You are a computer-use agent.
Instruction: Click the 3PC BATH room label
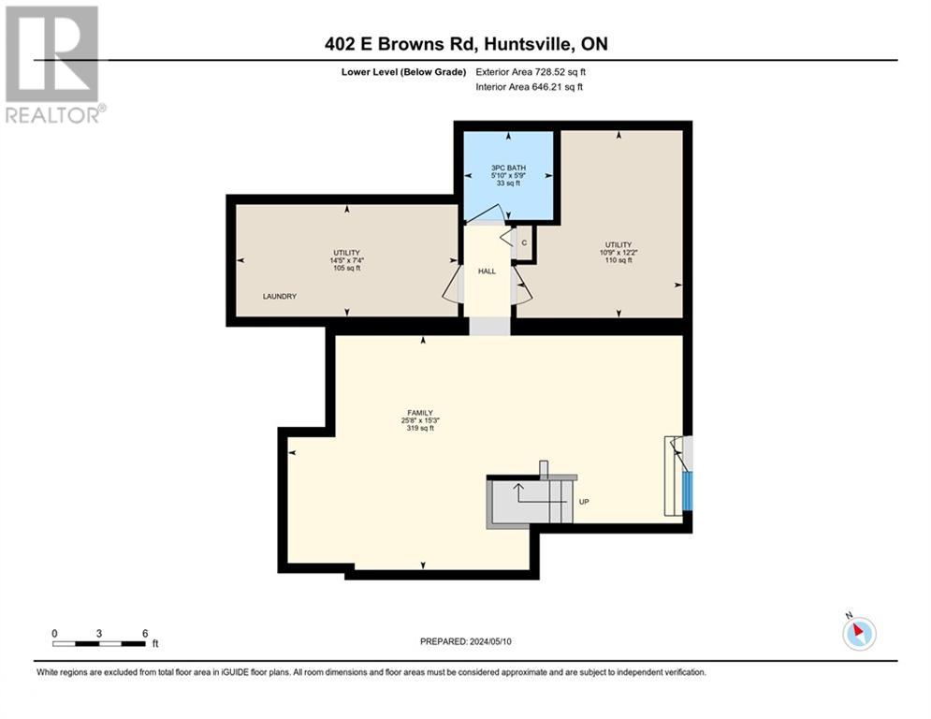tap(509, 169)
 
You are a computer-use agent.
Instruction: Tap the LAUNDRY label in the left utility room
tap(279, 297)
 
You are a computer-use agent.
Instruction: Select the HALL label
tap(487, 271)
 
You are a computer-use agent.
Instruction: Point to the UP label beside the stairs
tap(584, 502)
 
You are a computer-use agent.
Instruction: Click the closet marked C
tap(524, 242)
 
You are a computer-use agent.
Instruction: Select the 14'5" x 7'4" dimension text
tap(347, 260)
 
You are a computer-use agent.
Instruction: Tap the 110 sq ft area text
tap(618, 260)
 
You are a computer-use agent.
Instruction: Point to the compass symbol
tap(858, 634)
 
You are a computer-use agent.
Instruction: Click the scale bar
tap(99, 643)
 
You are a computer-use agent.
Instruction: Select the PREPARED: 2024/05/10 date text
tap(466, 641)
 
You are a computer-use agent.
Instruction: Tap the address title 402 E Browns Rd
tap(464, 44)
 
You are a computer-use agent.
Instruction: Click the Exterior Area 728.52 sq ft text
tap(531, 71)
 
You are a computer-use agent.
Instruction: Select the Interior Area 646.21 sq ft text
tap(530, 87)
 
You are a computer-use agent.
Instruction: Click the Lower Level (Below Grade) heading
tap(403, 71)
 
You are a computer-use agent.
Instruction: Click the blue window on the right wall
tap(688, 490)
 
